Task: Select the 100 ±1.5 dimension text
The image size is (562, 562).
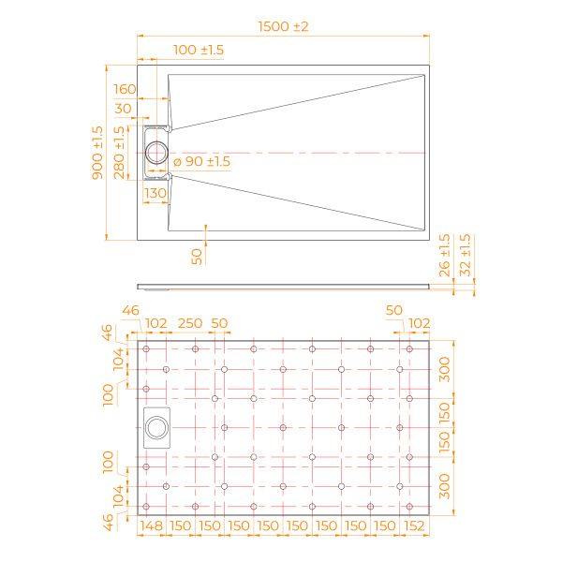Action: coord(199,50)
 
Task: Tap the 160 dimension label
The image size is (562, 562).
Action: coord(125,89)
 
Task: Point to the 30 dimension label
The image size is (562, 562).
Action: coord(123,109)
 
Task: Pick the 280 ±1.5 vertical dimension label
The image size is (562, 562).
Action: coord(120,153)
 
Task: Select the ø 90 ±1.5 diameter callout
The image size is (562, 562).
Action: coord(201,162)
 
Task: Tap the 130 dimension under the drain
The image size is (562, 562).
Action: coord(155,193)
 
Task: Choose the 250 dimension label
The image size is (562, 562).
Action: coord(190,323)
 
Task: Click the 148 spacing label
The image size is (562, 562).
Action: coord(152,526)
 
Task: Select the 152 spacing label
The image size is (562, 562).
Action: coord(413,526)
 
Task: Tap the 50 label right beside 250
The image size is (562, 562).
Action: coord(219,323)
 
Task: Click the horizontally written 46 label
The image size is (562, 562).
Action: coord(130,310)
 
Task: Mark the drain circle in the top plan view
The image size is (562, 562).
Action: coord(156,152)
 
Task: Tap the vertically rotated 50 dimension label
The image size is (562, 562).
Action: coord(197,257)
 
